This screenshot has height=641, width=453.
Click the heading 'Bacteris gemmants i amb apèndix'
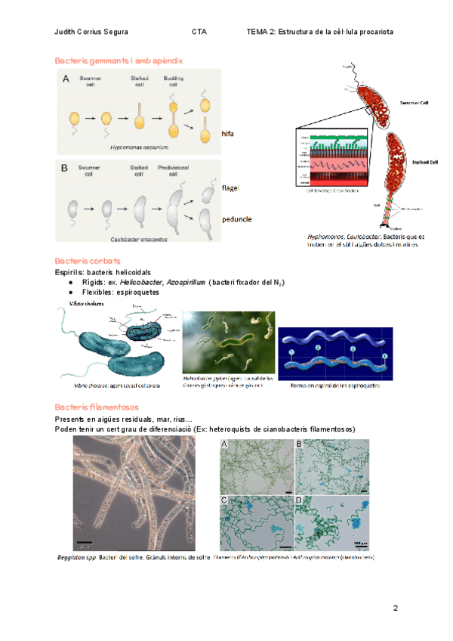[x=119, y=60]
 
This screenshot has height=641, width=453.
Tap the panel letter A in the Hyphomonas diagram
[x=66, y=79]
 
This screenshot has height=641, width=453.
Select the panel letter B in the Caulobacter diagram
[x=64, y=167]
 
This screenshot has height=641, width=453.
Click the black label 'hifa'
[x=228, y=134]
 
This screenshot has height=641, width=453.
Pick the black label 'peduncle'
[x=236, y=219]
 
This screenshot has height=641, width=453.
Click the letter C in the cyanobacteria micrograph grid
[x=223, y=500]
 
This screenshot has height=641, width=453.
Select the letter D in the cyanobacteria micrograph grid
[x=299, y=500]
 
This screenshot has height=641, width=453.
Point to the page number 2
[x=395, y=608]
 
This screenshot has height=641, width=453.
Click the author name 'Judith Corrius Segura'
[x=91, y=33]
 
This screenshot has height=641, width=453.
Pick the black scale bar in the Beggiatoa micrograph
[x=85, y=541]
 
